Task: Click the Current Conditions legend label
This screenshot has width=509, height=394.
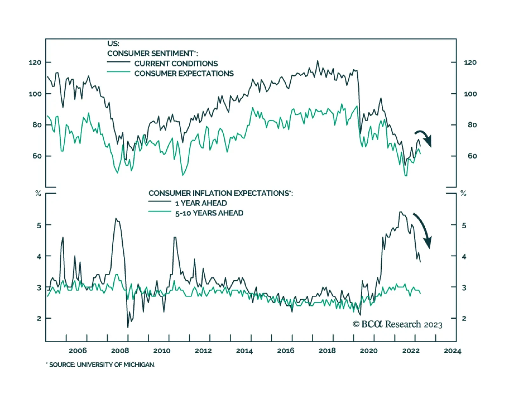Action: click(176, 64)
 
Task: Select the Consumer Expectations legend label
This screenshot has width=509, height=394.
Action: click(184, 73)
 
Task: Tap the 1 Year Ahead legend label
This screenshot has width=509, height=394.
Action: click(201, 203)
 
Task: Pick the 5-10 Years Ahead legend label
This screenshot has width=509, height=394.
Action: click(209, 213)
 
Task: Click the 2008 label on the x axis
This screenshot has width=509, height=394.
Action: click(120, 350)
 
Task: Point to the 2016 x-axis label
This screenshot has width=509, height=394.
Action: click(286, 350)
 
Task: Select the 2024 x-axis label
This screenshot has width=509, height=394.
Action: click(452, 350)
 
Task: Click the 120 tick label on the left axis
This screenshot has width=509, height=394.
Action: click(35, 62)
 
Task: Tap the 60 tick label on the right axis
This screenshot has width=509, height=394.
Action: click(472, 156)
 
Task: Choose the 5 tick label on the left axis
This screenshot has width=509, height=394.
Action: click(39, 225)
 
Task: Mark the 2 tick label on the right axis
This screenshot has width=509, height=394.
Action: click(464, 318)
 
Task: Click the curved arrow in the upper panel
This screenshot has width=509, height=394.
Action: click(424, 137)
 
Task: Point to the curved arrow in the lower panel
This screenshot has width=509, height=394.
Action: click(423, 229)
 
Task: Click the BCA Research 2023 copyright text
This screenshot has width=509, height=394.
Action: click(397, 324)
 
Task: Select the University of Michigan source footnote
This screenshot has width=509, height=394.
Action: click(101, 365)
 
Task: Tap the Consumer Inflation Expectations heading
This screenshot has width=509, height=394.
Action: click(220, 193)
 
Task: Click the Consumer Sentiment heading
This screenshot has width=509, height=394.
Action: click(152, 53)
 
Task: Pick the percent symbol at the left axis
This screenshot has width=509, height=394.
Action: click(38, 193)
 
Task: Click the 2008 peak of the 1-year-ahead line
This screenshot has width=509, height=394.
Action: click(116, 218)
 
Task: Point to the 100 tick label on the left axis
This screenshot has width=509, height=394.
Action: click(35, 94)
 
